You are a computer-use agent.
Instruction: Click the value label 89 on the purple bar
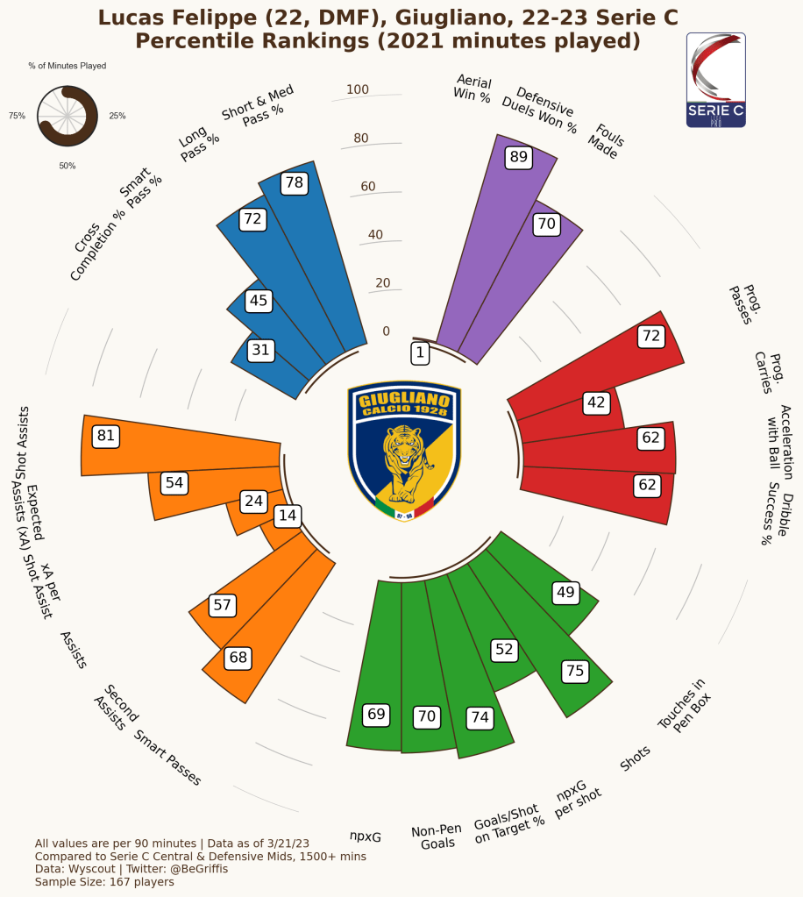click(519, 157)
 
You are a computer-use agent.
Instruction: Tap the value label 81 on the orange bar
click(106, 436)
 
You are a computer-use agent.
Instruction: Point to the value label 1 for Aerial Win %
click(421, 352)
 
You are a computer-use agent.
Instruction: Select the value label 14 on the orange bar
click(287, 516)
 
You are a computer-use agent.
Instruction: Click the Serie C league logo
click(715, 80)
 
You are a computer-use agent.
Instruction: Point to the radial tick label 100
click(358, 89)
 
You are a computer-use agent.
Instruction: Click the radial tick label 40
click(375, 234)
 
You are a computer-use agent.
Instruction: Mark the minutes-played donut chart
click(67, 116)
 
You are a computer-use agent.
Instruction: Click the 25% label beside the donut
click(117, 116)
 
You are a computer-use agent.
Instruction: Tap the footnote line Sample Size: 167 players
click(104, 881)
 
